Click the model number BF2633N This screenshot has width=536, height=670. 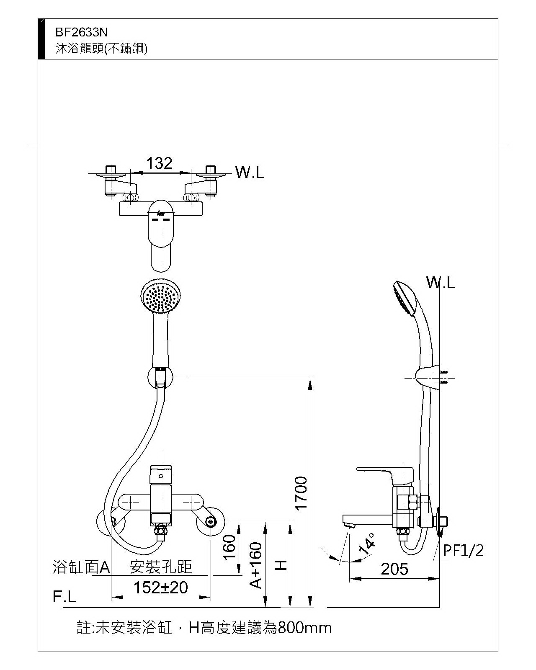(x=82, y=32)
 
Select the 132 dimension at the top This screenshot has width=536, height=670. (x=160, y=163)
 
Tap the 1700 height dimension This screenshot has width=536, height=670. (x=301, y=493)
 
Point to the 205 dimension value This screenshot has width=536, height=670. (x=394, y=569)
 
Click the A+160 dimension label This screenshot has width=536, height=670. (x=256, y=565)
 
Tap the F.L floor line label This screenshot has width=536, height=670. (x=64, y=597)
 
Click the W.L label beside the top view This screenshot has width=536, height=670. (x=250, y=173)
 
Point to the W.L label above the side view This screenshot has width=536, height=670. (x=441, y=283)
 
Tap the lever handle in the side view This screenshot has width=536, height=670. (x=381, y=471)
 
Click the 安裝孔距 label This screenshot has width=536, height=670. (x=161, y=567)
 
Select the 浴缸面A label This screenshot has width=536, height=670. (x=81, y=567)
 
